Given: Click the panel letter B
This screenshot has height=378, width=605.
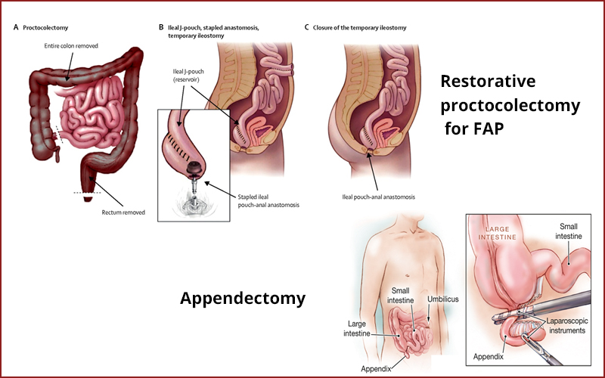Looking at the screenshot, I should click(161, 28).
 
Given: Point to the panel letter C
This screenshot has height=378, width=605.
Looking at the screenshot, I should click(306, 28).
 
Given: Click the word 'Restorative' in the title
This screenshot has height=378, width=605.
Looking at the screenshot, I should click(488, 81).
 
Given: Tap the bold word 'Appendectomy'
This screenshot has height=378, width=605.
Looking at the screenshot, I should click(243, 299).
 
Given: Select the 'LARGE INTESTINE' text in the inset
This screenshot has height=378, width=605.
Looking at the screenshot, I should click(495, 232).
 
